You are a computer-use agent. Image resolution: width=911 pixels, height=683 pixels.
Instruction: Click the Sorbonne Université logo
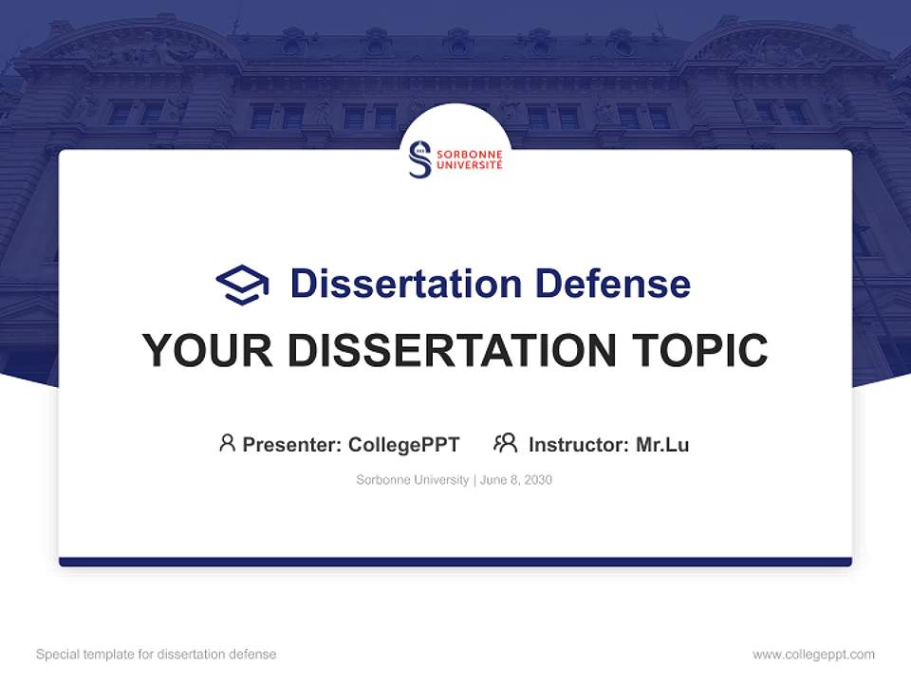(455, 158)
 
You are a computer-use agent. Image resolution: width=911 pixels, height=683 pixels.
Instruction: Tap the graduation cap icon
(242, 285)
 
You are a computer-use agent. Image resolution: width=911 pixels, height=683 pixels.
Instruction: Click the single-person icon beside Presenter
(227, 443)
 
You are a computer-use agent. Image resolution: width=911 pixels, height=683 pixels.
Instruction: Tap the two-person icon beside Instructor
(505, 443)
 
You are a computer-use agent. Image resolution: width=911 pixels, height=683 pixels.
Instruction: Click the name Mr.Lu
(662, 444)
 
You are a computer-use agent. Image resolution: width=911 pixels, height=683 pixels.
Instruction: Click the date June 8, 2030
(516, 480)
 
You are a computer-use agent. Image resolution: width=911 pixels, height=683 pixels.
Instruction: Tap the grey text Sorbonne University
(412, 480)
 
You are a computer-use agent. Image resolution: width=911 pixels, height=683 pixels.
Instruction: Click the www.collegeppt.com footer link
(813, 655)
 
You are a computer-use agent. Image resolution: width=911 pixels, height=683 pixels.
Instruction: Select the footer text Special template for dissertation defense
(157, 655)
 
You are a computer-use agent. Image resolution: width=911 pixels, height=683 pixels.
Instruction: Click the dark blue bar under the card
(455, 562)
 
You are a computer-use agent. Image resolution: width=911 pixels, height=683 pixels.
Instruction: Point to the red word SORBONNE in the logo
(469, 151)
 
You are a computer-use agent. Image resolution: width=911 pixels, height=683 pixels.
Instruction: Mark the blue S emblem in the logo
(419, 158)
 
